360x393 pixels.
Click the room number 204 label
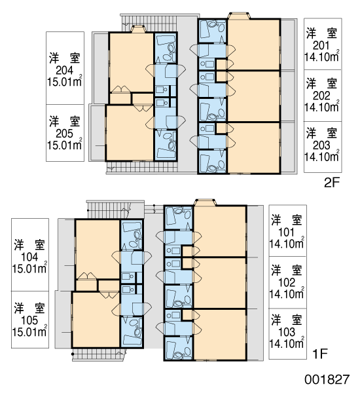coord(64,71)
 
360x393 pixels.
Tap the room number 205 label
coord(64,134)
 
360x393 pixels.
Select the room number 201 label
coord(321,46)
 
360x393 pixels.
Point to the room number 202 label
coord(321,96)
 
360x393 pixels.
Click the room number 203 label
coord(321,145)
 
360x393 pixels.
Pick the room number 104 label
coord(29,257)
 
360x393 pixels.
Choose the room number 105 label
coord(29,320)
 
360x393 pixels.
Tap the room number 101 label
coord(286,233)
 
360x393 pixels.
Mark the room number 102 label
coord(287,283)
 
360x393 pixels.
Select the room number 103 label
coord(287,332)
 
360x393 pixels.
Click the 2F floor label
coord(331,183)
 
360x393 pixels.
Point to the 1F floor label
coord(320,354)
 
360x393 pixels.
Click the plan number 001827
coord(327,379)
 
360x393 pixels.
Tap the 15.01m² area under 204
coord(65,81)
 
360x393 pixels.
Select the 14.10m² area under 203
coord(322,156)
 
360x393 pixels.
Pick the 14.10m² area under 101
coord(287,242)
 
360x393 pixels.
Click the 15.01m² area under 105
coord(29,331)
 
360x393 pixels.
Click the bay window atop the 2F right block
coord(239,15)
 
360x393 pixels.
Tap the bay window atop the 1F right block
coord(205,202)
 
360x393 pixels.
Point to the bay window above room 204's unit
coord(138,29)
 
